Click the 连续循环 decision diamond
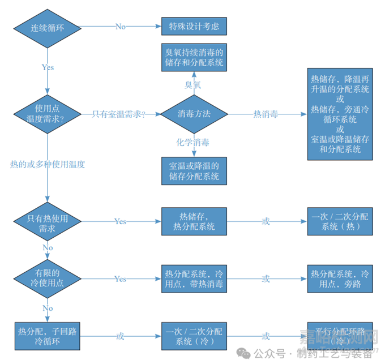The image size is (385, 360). click(x=46, y=27)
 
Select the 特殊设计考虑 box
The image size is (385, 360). click(x=194, y=27)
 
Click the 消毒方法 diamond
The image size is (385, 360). click(x=194, y=114)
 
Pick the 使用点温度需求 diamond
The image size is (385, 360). click(x=46, y=114)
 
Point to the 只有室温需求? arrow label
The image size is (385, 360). click(x=119, y=114)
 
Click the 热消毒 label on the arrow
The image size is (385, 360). click(x=266, y=114)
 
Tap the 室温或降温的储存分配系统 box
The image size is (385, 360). click(x=194, y=171)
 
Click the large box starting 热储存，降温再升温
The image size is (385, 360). click(x=340, y=114)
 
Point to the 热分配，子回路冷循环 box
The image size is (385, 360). click(x=46, y=336)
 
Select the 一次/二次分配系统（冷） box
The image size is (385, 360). click(x=194, y=336)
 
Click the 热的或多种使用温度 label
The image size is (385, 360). click(x=48, y=164)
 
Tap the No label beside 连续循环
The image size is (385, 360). click(x=121, y=27)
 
